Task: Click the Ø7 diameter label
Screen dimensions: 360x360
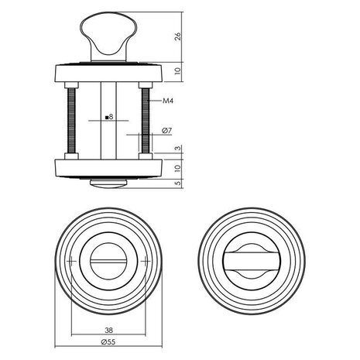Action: click(x=166, y=132)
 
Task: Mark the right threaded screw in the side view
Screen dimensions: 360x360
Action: click(x=144, y=120)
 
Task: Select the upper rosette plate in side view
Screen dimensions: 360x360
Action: click(x=107, y=74)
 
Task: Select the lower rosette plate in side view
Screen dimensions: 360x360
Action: click(x=107, y=167)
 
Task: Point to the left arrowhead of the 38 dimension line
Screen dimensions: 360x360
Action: click(x=73, y=334)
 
